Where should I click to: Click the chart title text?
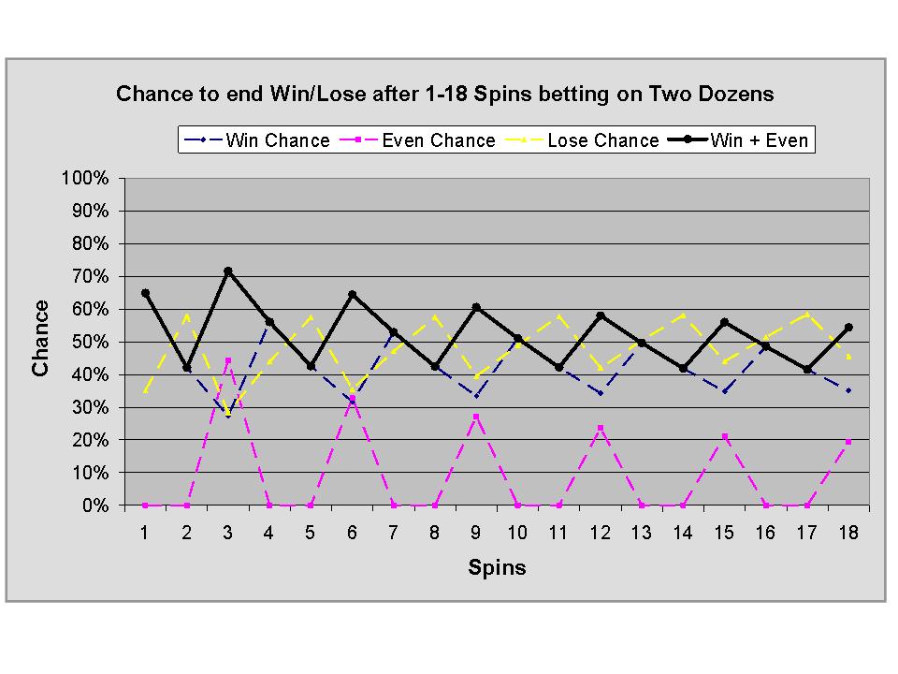point(444,95)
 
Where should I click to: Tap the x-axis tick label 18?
point(847,531)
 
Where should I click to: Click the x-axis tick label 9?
point(476,531)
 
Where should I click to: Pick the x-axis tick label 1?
point(145,531)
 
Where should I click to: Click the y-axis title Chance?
point(40,338)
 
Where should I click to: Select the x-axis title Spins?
point(497,568)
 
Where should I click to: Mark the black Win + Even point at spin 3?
point(227,271)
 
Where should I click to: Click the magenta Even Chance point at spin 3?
point(227,360)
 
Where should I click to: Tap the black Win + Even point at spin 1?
point(145,293)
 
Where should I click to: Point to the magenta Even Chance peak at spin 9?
point(476,417)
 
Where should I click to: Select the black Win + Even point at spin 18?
point(848,328)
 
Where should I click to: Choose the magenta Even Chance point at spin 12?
point(600,428)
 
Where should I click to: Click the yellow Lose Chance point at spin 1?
point(145,390)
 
